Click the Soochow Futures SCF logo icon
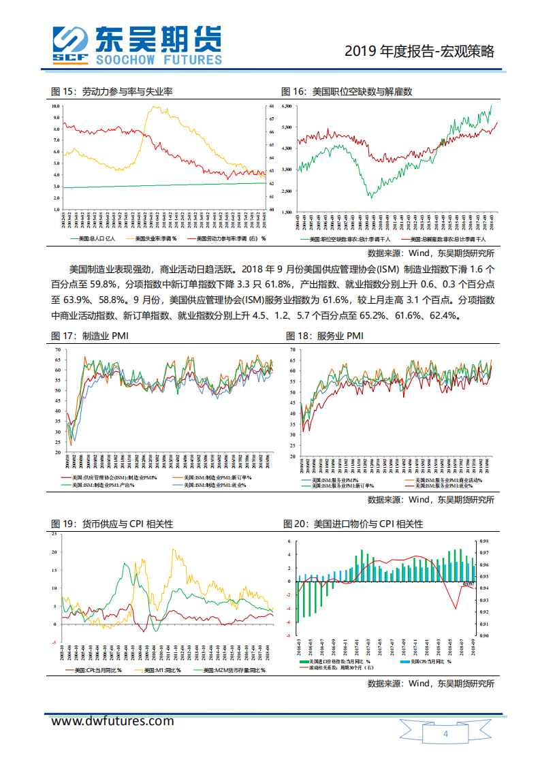pyautogui.click(x=71, y=46)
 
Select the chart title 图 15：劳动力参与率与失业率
pyautogui.click(x=112, y=91)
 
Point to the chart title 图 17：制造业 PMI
pyautogui.click(x=90, y=336)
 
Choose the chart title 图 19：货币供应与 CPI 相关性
pyautogui.click(x=112, y=524)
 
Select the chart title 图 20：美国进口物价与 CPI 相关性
pyautogui.click(x=353, y=524)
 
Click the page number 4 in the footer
pyautogui.click(x=445, y=734)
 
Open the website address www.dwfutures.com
pyautogui.click(x=113, y=721)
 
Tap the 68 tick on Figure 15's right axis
pyautogui.click(x=272, y=107)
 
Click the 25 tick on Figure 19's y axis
pyautogui.click(x=55, y=533)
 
